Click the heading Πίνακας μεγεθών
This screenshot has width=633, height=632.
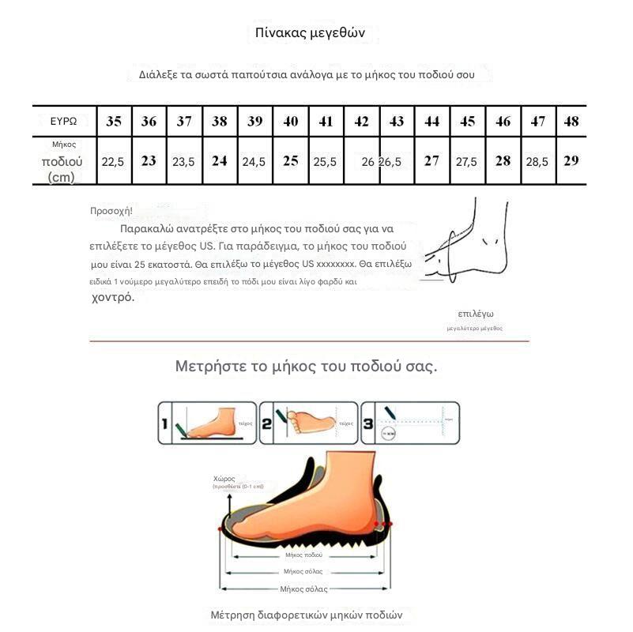[x=310, y=33]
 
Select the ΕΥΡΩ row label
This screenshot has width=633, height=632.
[x=63, y=122]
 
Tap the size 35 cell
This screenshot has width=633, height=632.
[x=114, y=122]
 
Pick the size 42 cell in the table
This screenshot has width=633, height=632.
[x=361, y=122]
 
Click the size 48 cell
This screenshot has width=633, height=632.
[x=571, y=122]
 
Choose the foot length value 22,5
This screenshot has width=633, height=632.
[x=113, y=162]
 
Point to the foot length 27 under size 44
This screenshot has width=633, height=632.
[x=431, y=160]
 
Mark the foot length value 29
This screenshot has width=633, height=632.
[x=571, y=160]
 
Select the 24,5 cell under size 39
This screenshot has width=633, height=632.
[x=254, y=162]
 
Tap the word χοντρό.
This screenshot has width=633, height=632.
[x=113, y=298]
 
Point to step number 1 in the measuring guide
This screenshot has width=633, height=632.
[x=165, y=423]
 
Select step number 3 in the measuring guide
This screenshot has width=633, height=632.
[x=367, y=423]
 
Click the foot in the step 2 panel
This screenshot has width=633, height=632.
[x=310, y=420]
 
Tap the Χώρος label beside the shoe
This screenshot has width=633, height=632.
[x=224, y=478]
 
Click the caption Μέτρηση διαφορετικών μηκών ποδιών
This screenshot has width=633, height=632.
[x=307, y=615]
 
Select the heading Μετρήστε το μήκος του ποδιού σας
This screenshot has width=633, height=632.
[x=306, y=367]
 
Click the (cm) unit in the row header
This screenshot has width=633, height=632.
[x=62, y=178]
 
